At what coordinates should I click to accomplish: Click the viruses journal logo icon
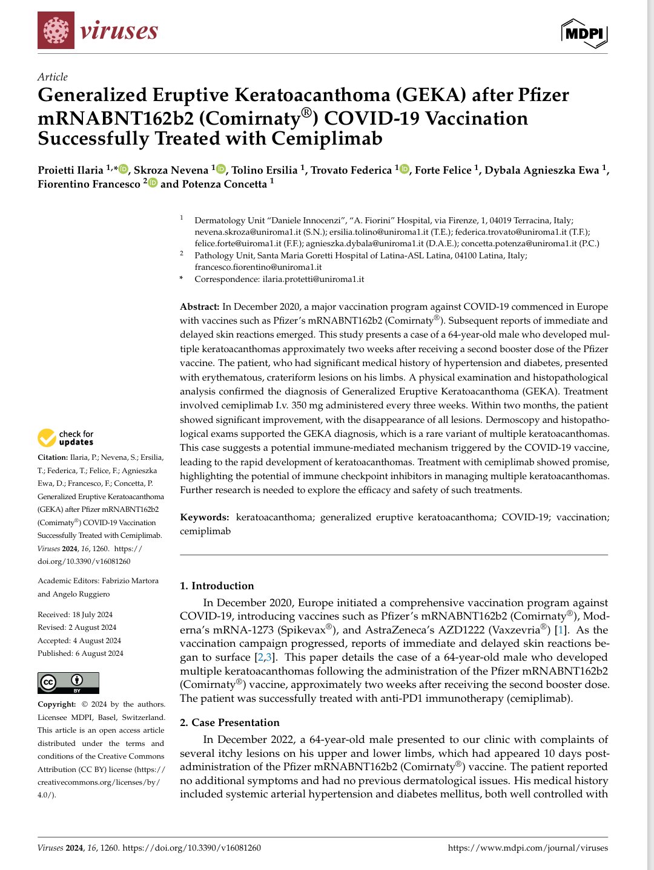(55, 30)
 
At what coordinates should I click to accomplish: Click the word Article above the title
(53, 77)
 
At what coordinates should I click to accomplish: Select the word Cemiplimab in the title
(327, 139)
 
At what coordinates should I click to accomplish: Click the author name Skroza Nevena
(171, 170)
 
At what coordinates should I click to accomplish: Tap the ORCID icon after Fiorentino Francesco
(153, 183)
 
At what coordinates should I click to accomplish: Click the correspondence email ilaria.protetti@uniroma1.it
(313, 279)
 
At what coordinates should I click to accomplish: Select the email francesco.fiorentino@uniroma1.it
(258, 267)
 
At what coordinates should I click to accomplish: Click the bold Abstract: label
(199, 307)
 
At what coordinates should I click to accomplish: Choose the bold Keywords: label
(204, 517)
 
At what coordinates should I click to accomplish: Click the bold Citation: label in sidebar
(53, 457)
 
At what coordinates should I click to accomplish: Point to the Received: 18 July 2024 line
(75, 615)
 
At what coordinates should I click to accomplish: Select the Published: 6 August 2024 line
(81, 653)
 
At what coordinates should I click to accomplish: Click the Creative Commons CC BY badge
(68, 683)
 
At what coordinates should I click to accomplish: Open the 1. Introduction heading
(217, 586)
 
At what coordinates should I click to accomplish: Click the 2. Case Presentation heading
(230, 722)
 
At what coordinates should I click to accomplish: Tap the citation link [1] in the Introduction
(561, 630)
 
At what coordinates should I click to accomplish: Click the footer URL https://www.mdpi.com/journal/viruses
(527, 848)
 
